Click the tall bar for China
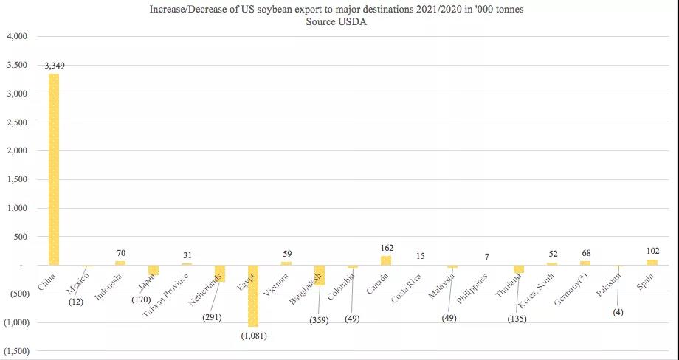[x=54, y=170]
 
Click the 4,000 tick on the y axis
[x=17, y=36]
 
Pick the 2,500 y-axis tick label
[x=17, y=122]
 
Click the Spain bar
[x=652, y=262]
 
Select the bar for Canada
[x=386, y=260]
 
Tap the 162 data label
[x=386, y=249]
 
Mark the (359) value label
[x=322, y=321]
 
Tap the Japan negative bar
[x=154, y=270]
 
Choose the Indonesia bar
[x=120, y=263]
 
